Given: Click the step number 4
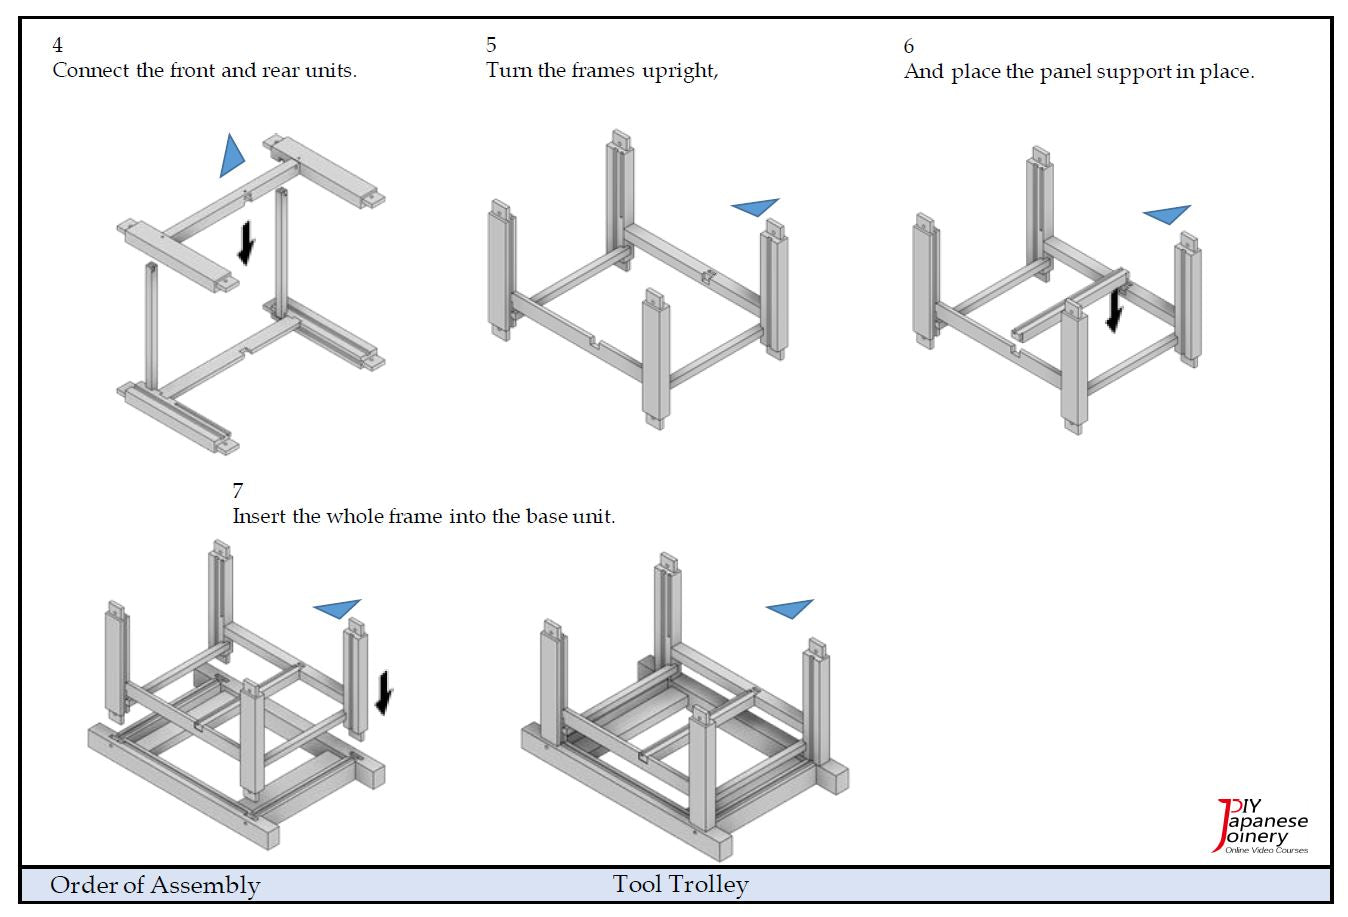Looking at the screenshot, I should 58,45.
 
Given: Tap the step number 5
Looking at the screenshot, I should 491,45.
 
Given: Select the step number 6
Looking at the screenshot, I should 908,46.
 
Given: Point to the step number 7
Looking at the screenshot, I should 238,491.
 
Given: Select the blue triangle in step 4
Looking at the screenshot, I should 233,155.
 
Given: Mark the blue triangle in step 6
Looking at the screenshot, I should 1167,214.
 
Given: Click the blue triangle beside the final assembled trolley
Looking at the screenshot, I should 790,607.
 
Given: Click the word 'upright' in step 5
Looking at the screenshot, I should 679,71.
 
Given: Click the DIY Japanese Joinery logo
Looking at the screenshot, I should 1261,827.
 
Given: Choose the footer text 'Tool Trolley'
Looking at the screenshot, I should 680,885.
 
